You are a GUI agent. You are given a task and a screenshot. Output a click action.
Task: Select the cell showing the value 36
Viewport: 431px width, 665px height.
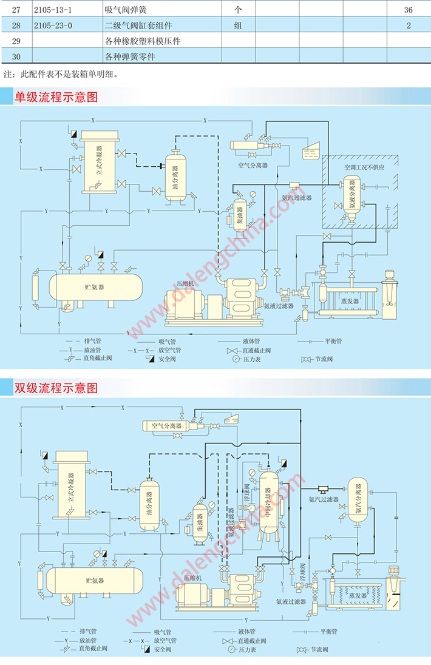pos(408,10)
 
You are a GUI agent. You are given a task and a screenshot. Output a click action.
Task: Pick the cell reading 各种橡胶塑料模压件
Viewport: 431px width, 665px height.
pos(143,41)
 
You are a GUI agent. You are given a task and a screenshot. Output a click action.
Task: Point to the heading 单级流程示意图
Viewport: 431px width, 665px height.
pos(56,96)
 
